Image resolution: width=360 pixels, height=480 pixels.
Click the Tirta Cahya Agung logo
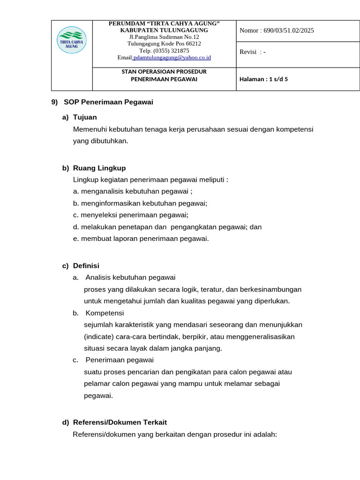72,39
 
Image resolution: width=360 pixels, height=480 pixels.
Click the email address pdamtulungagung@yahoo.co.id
172,58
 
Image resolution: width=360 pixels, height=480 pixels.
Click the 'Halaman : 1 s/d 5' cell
263,79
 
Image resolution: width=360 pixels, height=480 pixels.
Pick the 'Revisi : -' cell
253,52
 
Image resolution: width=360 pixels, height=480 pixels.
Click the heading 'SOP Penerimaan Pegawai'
108,102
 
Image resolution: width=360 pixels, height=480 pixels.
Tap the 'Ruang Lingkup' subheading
99,168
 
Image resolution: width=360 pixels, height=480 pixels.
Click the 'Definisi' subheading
86,266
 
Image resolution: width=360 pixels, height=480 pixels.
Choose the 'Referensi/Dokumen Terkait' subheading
120,422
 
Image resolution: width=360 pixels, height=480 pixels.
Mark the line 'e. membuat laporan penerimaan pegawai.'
141,239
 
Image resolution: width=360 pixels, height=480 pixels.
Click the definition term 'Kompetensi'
105,313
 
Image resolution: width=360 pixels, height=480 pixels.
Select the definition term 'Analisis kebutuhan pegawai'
130,277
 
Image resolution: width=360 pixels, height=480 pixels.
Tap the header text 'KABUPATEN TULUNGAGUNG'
164,30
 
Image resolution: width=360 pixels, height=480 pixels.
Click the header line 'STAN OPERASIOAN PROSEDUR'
164,72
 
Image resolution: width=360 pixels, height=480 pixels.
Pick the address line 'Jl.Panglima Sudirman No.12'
164,37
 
